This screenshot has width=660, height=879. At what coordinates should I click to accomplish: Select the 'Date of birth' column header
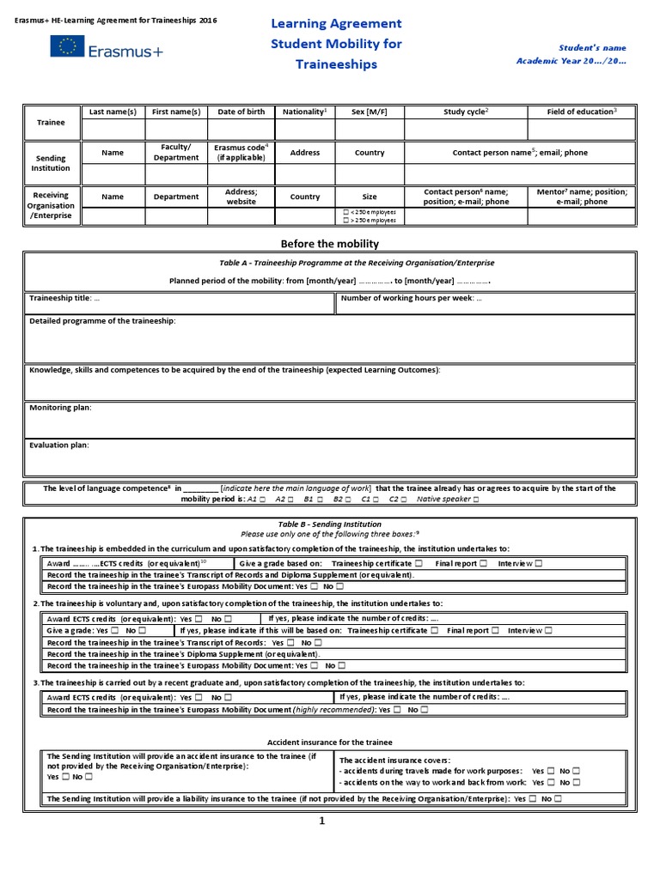tap(241, 112)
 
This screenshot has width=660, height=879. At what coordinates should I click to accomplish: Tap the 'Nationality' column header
tap(303, 112)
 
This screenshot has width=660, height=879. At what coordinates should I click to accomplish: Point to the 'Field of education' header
tap(581, 112)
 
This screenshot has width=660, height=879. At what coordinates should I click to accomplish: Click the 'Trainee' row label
tap(51, 122)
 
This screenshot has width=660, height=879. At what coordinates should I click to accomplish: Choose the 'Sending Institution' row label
tap(51, 163)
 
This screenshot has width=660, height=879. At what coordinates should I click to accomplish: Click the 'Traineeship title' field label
tap(64, 299)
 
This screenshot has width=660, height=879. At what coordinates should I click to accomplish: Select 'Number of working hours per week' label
tap(411, 299)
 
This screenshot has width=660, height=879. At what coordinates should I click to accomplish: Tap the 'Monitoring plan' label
tap(60, 407)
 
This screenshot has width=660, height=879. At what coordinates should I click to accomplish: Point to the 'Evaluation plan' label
tap(59, 445)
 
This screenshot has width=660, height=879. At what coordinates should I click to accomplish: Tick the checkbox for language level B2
tap(351, 499)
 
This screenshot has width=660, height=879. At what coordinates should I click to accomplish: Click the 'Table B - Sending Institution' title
tap(330, 524)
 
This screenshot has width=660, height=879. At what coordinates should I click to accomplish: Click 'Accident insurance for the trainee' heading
tap(330, 742)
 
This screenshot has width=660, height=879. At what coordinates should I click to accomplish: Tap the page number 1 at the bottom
tap(322, 821)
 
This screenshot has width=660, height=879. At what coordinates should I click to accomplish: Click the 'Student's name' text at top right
tap(593, 48)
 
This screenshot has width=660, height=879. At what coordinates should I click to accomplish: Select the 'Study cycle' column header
tap(465, 112)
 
